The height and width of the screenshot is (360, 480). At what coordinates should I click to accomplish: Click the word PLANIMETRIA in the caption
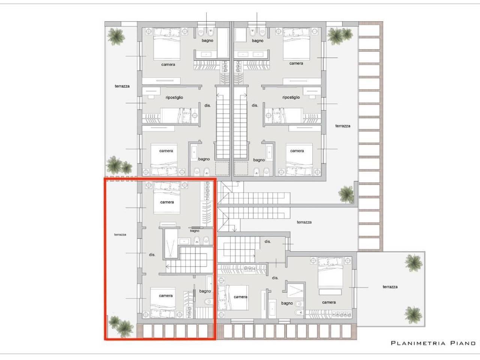click(x=418, y=343)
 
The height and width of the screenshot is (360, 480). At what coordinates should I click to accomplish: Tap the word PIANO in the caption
click(x=463, y=343)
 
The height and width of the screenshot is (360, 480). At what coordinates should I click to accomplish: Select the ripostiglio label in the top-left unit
click(x=174, y=97)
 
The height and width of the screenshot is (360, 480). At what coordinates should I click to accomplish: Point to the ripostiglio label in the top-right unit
click(x=291, y=97)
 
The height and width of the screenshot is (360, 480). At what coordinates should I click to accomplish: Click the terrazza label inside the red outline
click(x=120, y=235)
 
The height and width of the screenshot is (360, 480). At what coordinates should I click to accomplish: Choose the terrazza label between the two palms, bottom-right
click(x=390, y=287)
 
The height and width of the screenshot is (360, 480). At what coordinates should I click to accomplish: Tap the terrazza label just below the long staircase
click(x=304, y=222)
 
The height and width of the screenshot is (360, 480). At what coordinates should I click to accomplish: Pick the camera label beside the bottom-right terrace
click(x=329, y=302)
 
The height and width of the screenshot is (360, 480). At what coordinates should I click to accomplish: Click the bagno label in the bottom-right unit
click(x=287, y=303)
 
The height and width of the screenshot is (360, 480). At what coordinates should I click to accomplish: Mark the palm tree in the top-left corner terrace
click(x=116, y=36)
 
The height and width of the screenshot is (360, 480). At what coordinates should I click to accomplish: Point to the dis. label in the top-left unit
click(x=208, y=106)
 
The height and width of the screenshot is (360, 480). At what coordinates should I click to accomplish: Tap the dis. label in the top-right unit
click(x=255, y=106)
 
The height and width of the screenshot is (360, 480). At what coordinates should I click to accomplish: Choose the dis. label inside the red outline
click(x=152, y=255)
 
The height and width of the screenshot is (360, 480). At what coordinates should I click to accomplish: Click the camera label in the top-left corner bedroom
click(x=168, y=64)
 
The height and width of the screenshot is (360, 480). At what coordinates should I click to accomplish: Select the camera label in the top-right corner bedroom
click(x=296, y=63)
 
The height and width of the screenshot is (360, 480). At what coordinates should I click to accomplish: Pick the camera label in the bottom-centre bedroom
click(x=240, y=297)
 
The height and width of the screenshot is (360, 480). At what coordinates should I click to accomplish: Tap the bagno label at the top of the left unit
click(x=207, y=40)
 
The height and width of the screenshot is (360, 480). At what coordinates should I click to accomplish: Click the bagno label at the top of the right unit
click(x=258, y=40)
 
